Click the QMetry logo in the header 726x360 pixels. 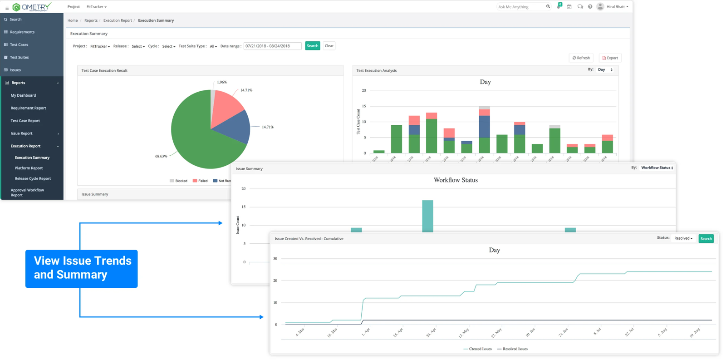(x=32, y=7)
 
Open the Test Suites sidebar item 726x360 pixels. (x=19, y=57)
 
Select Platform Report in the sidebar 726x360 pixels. (x=29, y=168)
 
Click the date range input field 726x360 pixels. (x=272, y=46)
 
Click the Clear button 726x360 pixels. (x=329, y=46)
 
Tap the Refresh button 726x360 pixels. (x=581, y=58)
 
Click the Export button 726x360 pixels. (x=610, y=58)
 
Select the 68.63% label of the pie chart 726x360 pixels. (x=161, y=156)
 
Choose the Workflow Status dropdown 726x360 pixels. (x=657, y=168)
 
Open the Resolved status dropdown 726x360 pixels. (x=683, y=238)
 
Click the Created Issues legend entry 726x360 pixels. (x=477, y=349)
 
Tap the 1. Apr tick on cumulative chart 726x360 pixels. (x=365, y=331)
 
